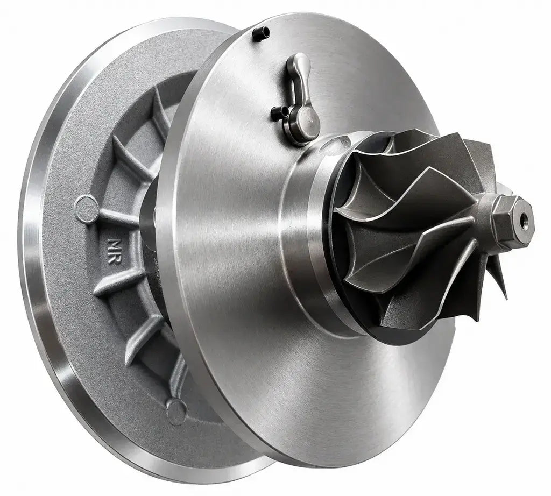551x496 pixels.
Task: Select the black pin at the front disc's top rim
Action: tap(262, 33)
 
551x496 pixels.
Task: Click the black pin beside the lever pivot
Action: tap(280, 113)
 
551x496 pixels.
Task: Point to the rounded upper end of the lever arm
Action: tap(299, 63)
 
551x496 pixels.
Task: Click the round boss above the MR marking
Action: tap(86, 208)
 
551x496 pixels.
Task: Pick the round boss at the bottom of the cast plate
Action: tap(176, 409)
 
